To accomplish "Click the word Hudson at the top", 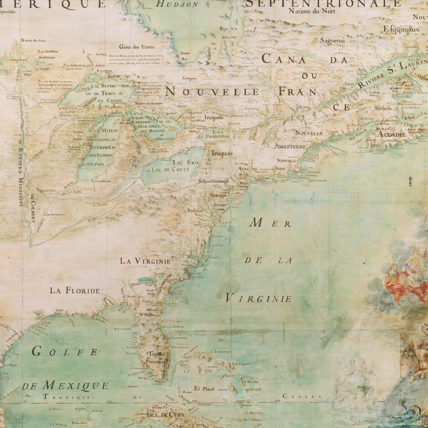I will [x=178, y=5].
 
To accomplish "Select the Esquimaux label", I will [x=402, y=29].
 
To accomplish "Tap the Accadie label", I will [x=391, y=134].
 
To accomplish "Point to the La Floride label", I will [x=75, y=290].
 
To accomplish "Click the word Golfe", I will [x=65, y=352].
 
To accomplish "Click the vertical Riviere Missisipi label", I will [x=22, y=178].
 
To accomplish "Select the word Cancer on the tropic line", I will [x=302, y=396].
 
